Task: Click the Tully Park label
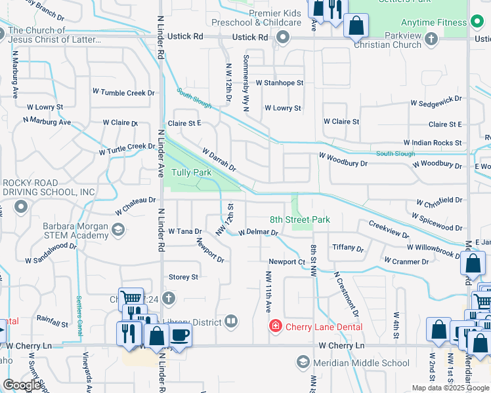click(x=191, y=172)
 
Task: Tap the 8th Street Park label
click(x=300, y=219)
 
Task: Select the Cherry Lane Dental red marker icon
click(x=276, y=326)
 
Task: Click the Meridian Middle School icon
click(x=303, y=362)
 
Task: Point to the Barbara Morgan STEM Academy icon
click(x=118, y=229)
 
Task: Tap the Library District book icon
click(x=230, y=321)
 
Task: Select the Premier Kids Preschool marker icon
click(x=284, y=37)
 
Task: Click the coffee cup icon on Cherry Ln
click(x=181, y=335)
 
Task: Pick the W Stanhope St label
click(x=280, y=83)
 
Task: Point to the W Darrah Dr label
click(x=219, y=160)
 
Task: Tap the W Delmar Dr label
click(x=258, y=232)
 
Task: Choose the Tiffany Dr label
click(x=348, y=248)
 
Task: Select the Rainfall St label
click(x=53, y=322)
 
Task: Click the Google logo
click(x=22, y=385)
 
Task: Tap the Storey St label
click(x=183, y=277)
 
